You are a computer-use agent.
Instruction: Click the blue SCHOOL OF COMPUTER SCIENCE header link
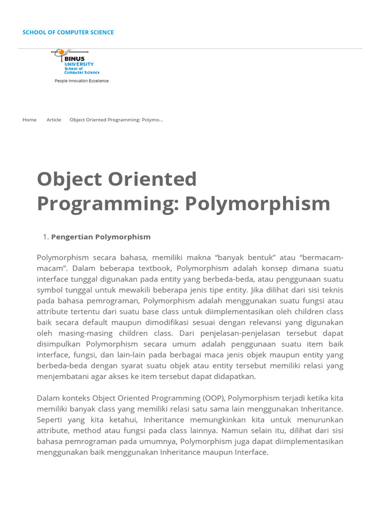click(x=68, y=33)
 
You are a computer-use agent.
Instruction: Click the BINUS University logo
click(x=77, y=62)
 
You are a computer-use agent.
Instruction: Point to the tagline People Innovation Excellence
click(x=82, y=81)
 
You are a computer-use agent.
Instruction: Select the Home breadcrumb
click(x=29, y=120)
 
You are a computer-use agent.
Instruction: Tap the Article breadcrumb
click(x=54, y=120)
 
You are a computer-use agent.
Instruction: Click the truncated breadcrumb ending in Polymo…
click(x=116, y=120)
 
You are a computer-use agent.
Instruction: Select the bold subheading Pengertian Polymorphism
click(x=101, y=237)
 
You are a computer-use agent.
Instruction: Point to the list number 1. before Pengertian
click(x=46, y=237)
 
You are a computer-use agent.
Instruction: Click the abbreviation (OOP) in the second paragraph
click(x=214, y=398)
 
